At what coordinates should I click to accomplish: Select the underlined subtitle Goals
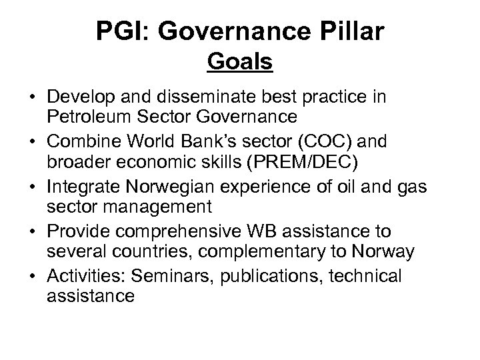point(240,62)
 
